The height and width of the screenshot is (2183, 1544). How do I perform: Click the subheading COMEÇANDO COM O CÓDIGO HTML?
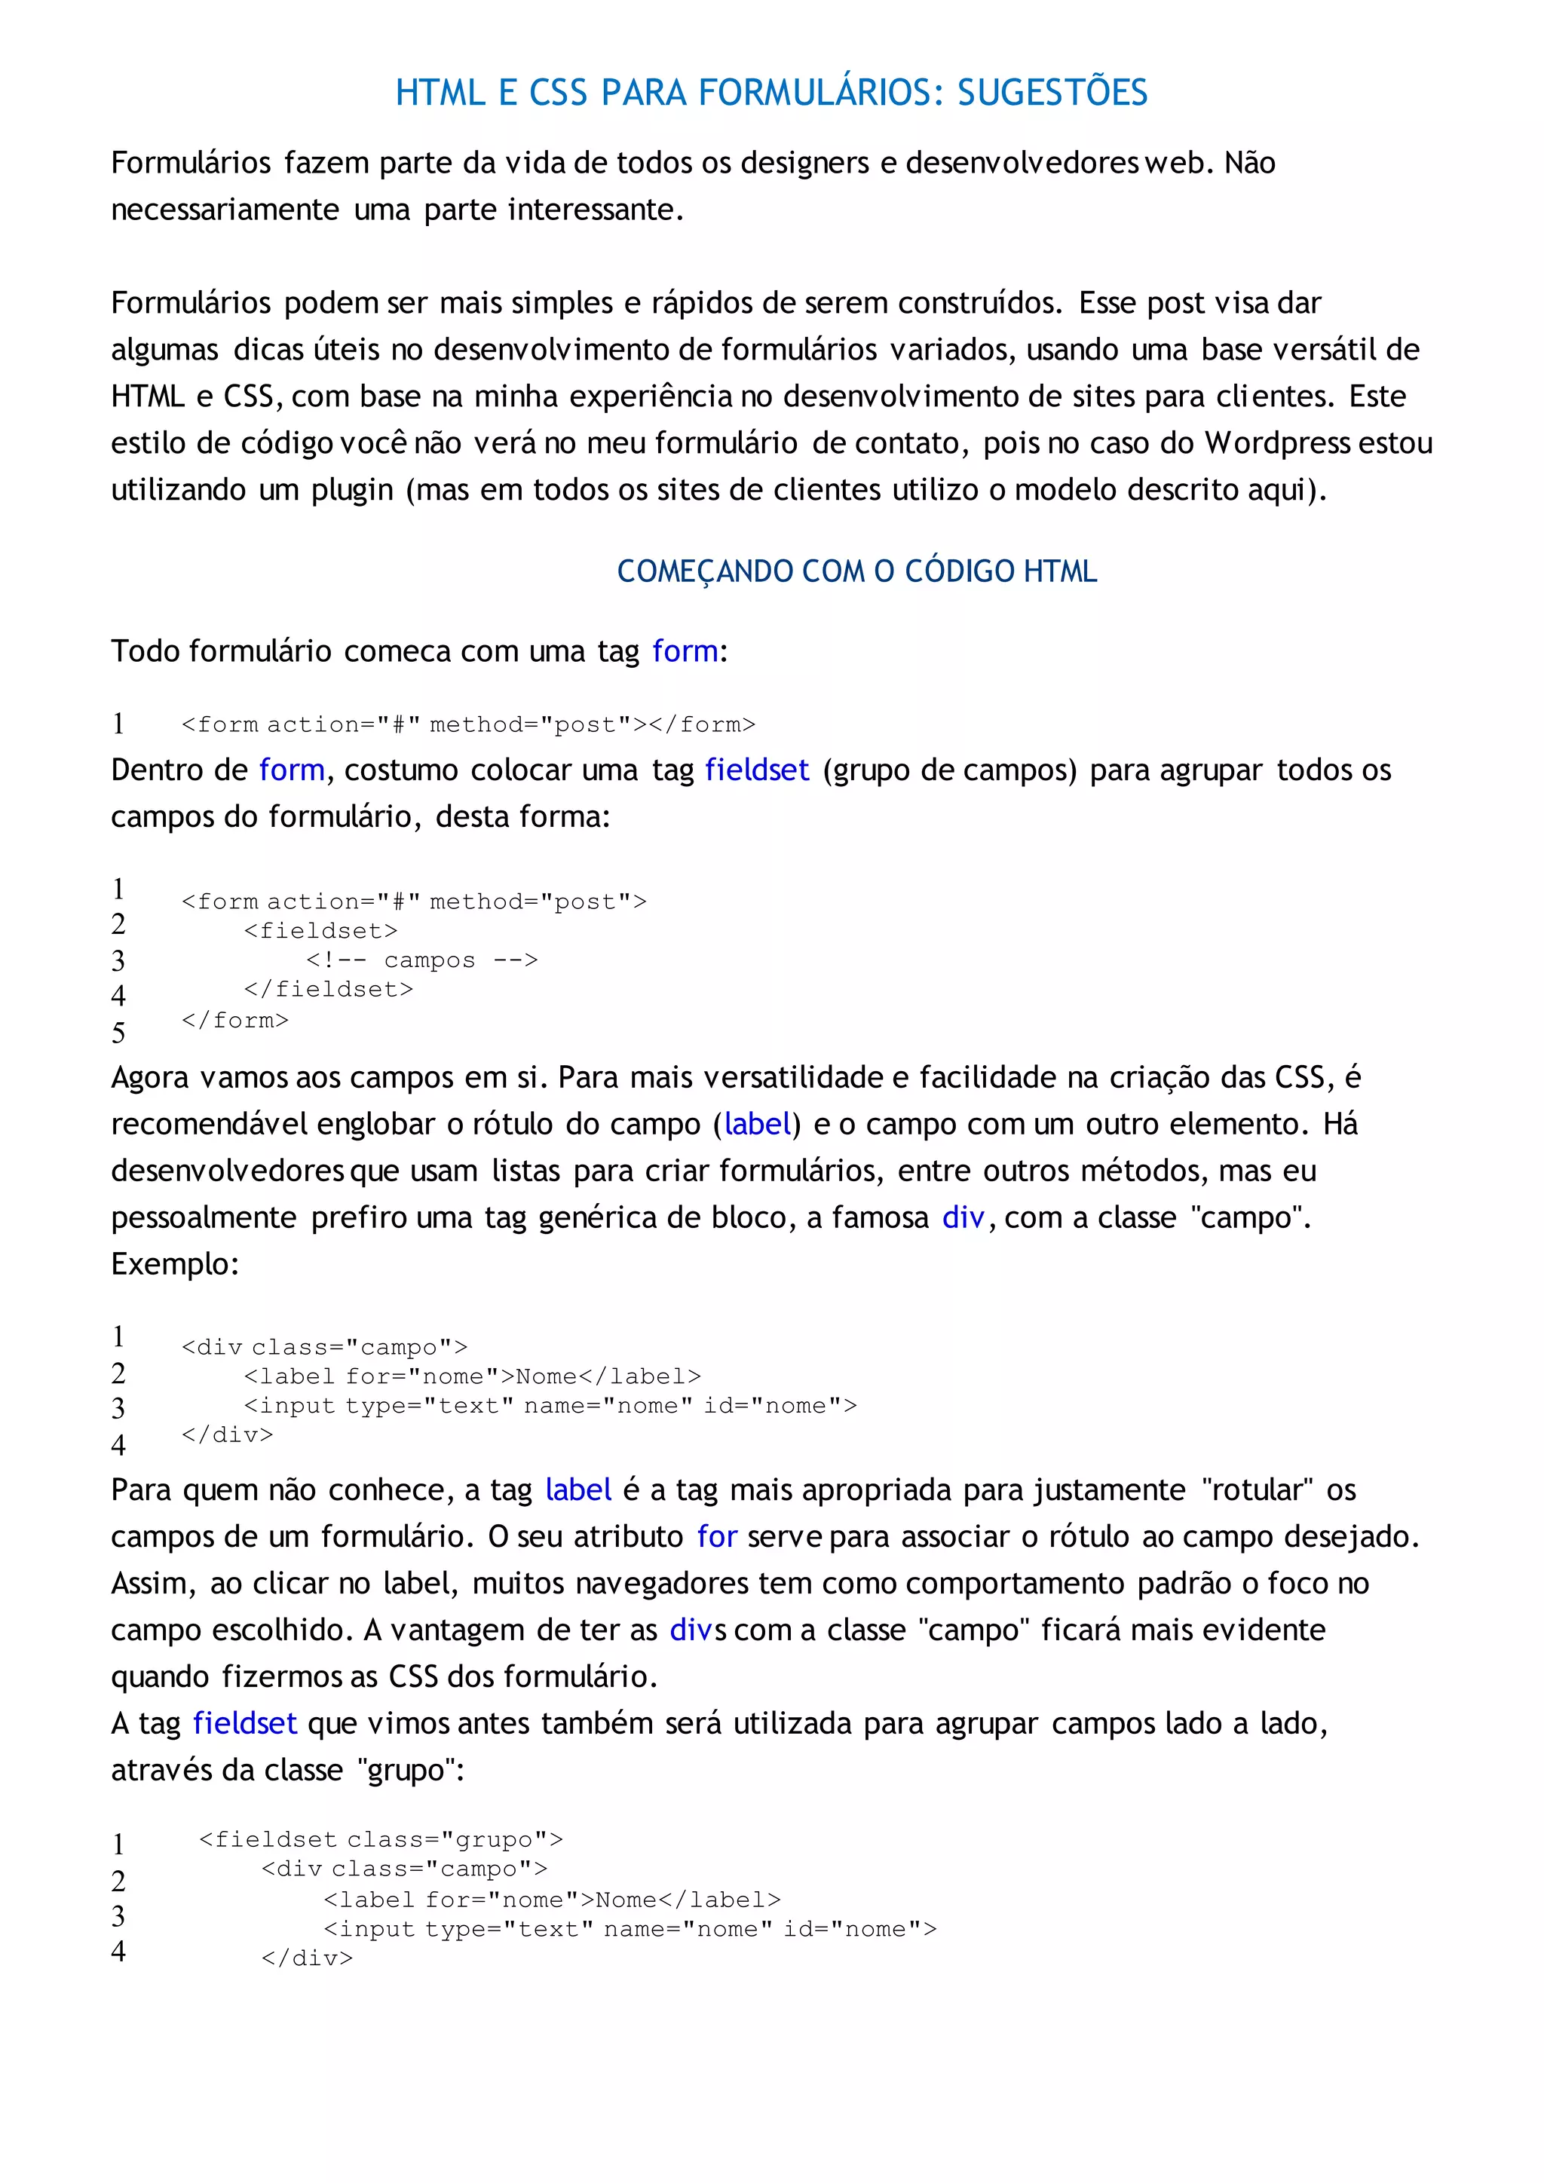pos(856,571)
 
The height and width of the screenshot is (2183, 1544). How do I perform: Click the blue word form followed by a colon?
pos(685,651)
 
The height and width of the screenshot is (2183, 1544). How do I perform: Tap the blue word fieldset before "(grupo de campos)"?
pos(757,770)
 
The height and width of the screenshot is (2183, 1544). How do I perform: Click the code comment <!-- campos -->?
pos(422,960)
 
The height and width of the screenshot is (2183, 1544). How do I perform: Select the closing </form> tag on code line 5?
pos(234,1020)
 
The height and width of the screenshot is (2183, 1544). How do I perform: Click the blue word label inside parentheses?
pos(758,1124)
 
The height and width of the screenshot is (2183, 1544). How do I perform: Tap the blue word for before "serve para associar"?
pos(717,1536)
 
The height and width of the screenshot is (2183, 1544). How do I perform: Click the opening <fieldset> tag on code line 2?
pos(320,931)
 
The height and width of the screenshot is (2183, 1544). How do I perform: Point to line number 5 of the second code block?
pos(118,1033)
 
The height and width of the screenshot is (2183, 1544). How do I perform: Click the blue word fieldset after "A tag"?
pos(244,1723)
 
